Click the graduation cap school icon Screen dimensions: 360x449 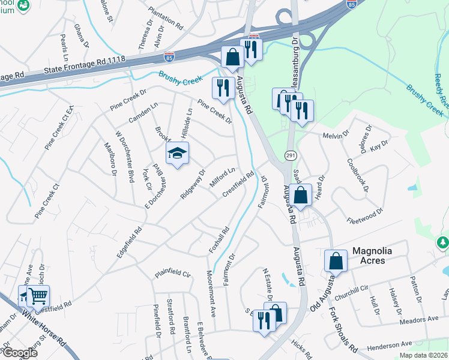point(177,154)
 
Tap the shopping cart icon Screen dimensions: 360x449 point(38,295)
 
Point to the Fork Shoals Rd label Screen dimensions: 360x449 point(343,330)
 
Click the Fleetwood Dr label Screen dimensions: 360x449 point(365,215)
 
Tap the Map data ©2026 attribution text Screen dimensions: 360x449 point(423,355)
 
